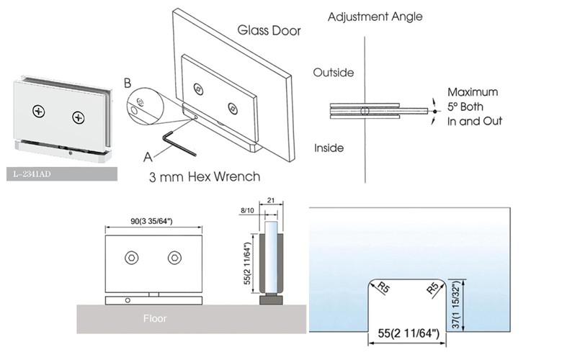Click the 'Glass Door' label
coord(269,30)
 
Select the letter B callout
coord(128,83)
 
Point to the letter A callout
coord(148,154)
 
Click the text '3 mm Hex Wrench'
coord(204,176)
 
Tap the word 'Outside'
coord(333,73)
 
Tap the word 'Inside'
coord(329,148)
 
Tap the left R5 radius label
coord(383,290)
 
